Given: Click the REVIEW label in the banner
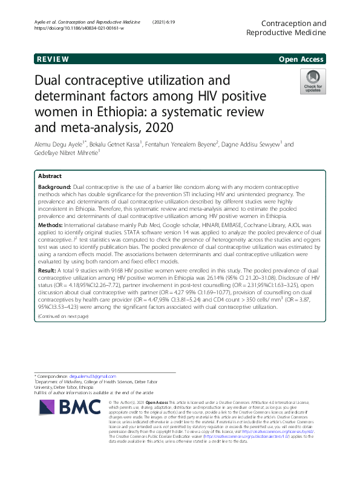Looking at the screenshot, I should coord(53,59).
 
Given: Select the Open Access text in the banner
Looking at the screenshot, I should coord(302,59).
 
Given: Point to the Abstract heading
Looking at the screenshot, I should coord(50,175).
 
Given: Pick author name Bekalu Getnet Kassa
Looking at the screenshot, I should coord(120,144).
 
